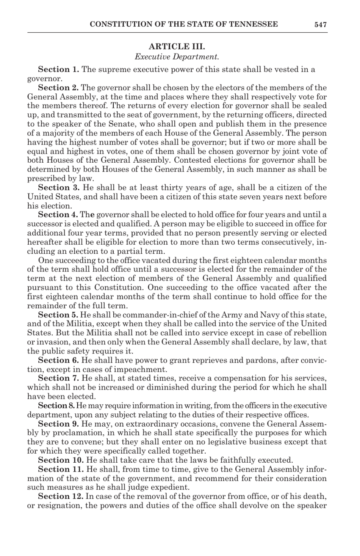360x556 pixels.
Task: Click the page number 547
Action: (x=320, y=25)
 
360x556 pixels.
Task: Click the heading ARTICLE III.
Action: (x=177, y=47)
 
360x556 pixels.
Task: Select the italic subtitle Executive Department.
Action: (x=177, y=57)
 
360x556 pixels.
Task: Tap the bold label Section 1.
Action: (x=58, y=69)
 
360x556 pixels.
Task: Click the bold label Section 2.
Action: (x=58, y=88)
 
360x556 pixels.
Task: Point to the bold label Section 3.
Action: (x=58, y=188)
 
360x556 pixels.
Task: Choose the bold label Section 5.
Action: (x=58, y=315)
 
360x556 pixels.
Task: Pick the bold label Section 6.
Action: (x=58, y=360)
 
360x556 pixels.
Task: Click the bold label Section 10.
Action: (x=61, y=460)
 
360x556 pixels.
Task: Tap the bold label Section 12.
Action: (x=61, y=496)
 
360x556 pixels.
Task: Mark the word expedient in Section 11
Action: (x=172, y=488)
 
